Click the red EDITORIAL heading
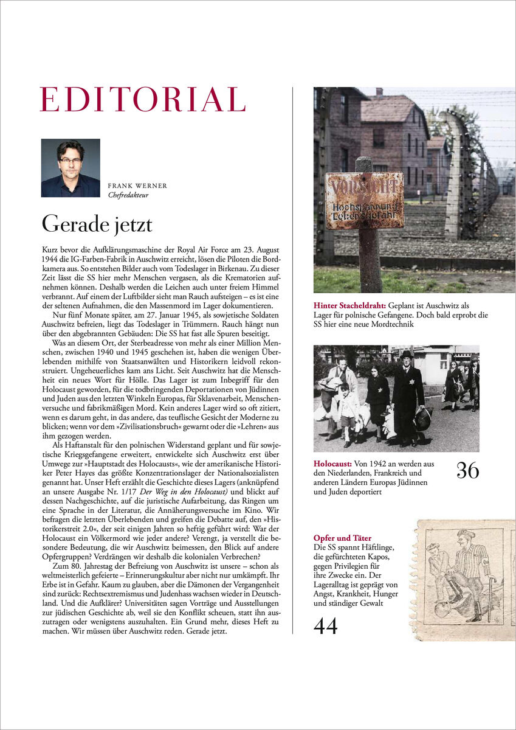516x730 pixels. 142,100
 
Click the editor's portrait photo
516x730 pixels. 71,168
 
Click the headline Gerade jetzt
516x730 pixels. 97,224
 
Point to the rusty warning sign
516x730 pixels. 363,200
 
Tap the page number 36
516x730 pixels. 467,470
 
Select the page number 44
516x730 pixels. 326,625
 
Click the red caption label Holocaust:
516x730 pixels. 333,463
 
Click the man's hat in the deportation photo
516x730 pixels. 406,354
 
